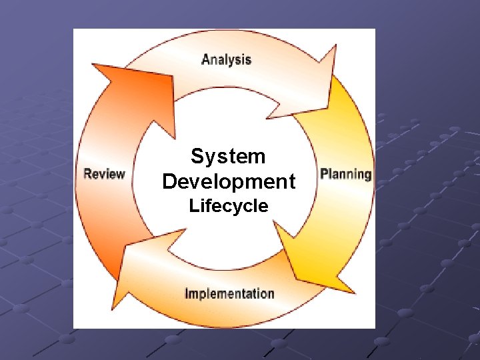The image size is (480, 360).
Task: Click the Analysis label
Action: (x=227, y=59)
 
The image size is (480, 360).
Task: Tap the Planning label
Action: (x=345, y=175)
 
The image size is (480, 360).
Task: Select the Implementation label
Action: (x=229, y=293)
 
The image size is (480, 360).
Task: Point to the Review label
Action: (x=105, y=175)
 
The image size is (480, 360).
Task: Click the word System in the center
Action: (x=228, y=157)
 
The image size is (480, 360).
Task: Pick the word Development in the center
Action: (x=229, y=181)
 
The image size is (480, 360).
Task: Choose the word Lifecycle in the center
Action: (x=229, y=206)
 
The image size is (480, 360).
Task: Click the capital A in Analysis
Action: (x=206, y=59)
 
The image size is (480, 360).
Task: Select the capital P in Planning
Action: (x=324, y=174)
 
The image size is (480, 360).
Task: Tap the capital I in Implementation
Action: (x=187, y=293)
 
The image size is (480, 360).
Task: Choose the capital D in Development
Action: (x=169, y=181)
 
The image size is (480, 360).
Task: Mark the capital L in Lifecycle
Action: (x=193, y=206)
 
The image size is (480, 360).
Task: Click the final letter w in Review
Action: (x=121, y=175)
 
